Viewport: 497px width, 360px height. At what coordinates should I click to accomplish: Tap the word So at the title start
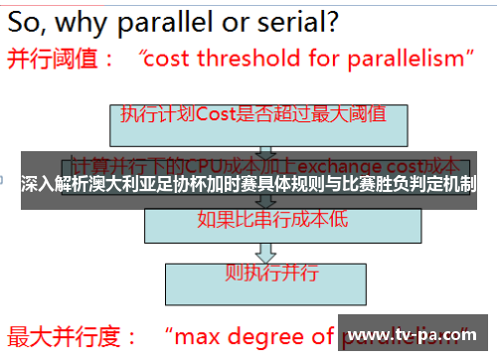point(26,19)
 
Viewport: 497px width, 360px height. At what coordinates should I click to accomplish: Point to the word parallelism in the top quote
point(410,59)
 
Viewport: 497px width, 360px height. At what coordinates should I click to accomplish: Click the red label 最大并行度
point(61,335)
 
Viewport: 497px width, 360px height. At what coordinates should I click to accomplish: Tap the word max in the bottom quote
point(200,335)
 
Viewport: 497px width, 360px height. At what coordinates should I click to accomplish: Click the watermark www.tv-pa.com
point(416,335)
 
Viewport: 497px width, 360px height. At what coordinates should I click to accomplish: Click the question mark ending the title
point(330,19)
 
